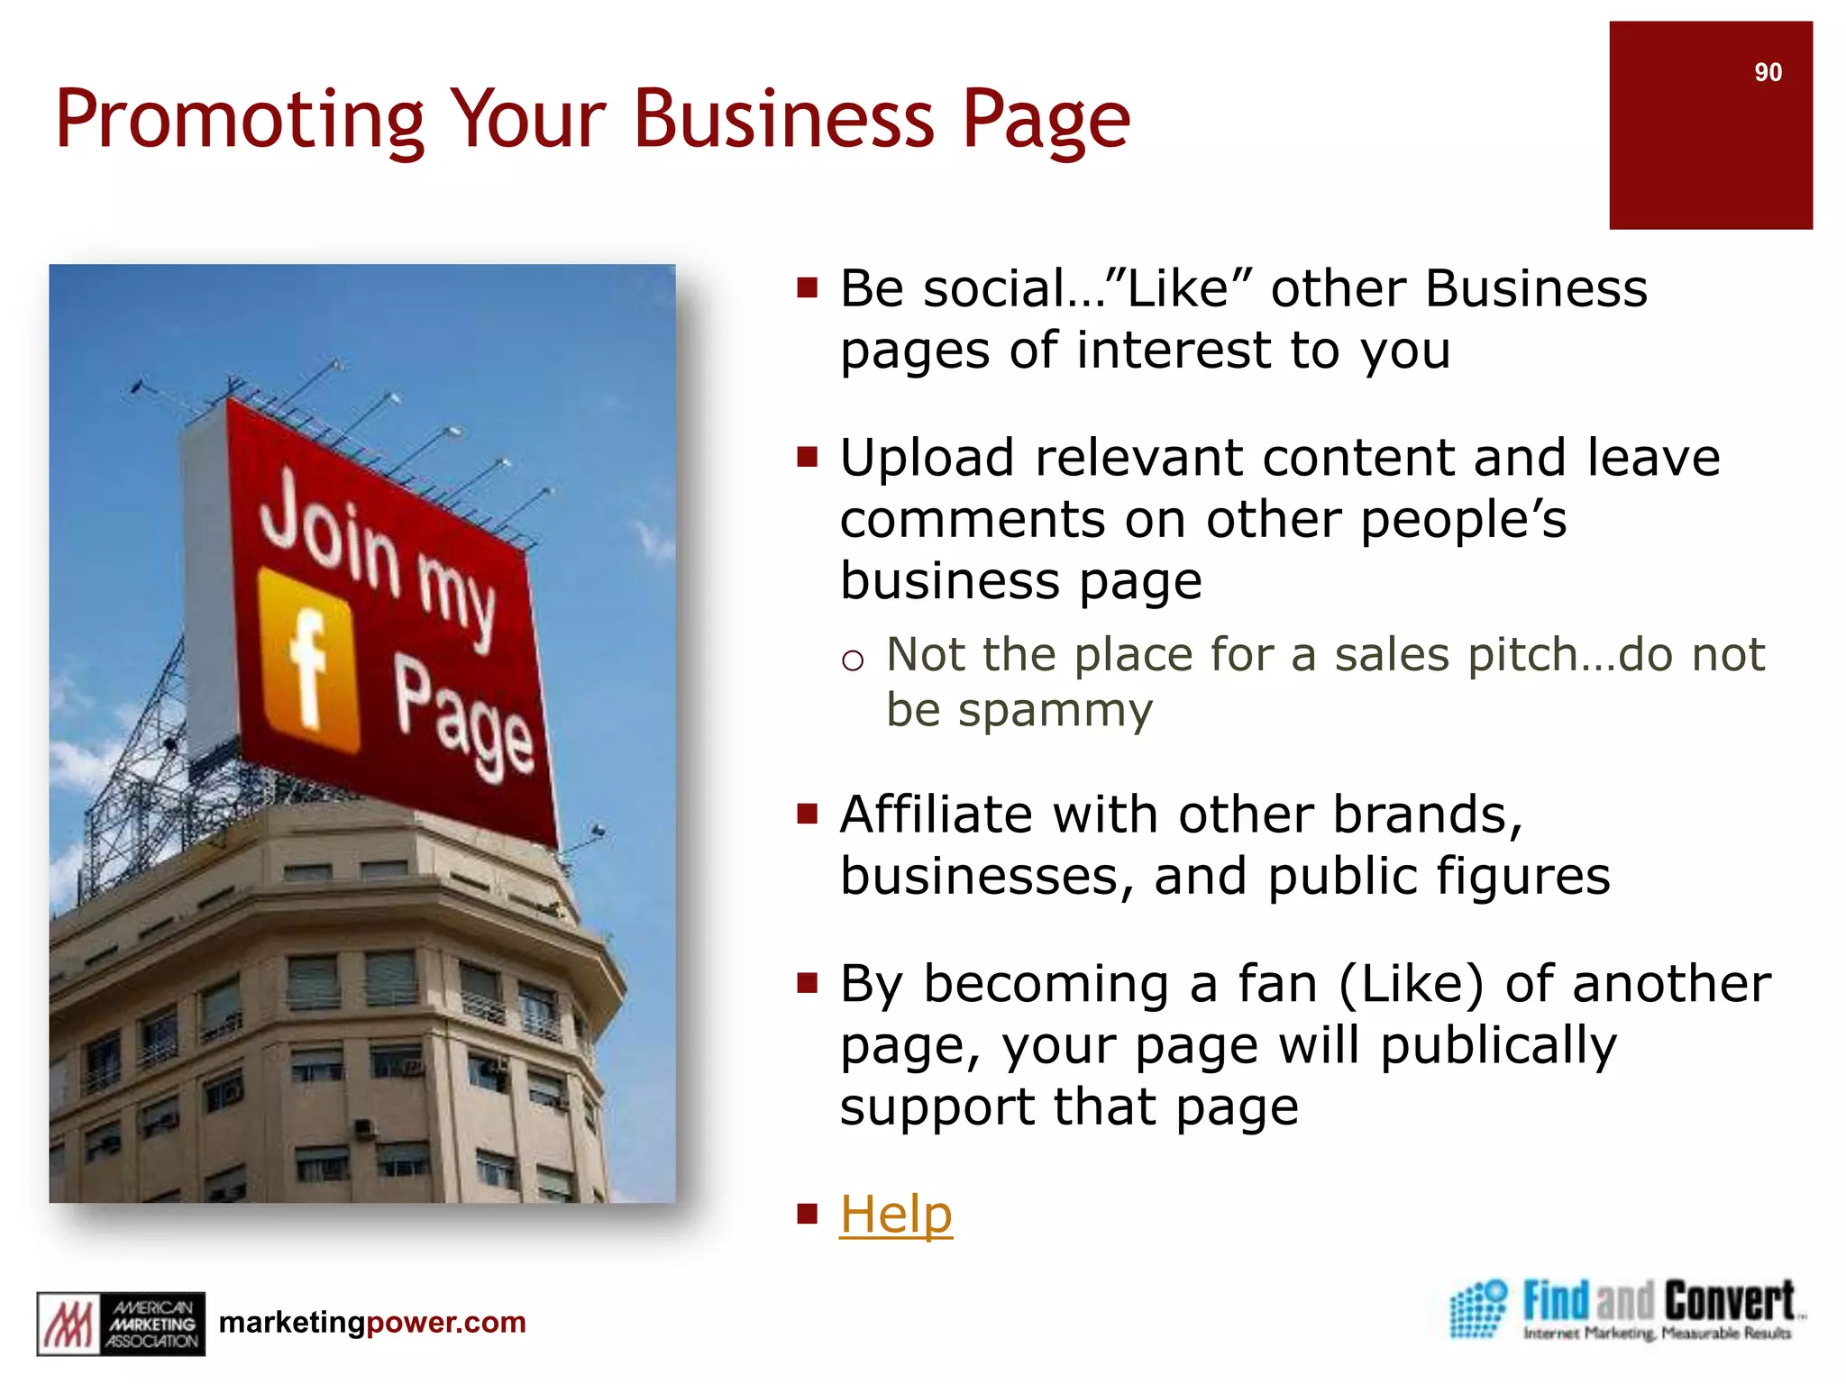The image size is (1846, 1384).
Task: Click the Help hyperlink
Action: pyautogui.click(x=895, y=1214)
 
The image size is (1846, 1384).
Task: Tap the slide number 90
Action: pyautogui.click(x=1768, y=72)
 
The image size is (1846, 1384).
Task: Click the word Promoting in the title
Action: pyautogui.click(x=239, y=121)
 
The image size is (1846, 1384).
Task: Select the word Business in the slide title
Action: pyautogui.click(x=784, y=119)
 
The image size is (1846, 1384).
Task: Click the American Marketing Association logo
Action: pyautogui.click(x=121, y=1323)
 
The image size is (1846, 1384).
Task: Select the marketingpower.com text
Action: pyautogui.click(x=372, y=1322)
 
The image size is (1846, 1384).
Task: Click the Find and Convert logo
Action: pyautogui.click(x=1624, y=1309)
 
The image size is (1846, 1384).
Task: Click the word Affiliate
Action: pyautogui.click(x=936, y=815)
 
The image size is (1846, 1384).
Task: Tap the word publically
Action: pyautogui.click(x=1498, y=1046)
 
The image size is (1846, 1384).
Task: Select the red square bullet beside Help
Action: pyautogui.click(x=807, y=1213)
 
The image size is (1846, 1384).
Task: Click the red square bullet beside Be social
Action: pyautogui.click(x=807, y=287)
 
